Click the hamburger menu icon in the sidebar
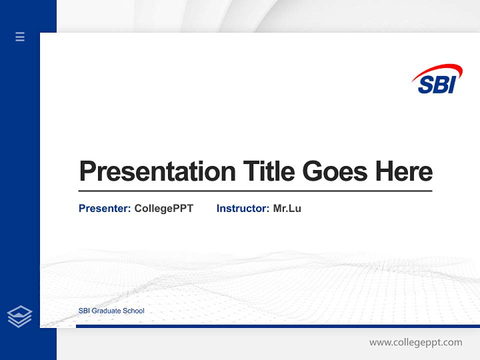[20, 36]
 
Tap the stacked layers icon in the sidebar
[19, 316]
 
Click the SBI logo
[437, 79]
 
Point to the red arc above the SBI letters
[440, 70]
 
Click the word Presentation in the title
[157, 171]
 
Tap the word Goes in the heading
[335, 171]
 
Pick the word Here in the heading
[404, 171]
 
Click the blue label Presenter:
[104, 208]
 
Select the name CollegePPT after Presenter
[163, 208]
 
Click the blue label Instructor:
[242, 208]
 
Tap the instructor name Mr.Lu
[287, 208]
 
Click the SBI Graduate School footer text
[111, 311]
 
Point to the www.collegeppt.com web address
[415, 342]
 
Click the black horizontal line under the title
[255, 191]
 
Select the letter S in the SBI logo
[426, 84]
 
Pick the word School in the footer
[134, 311]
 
